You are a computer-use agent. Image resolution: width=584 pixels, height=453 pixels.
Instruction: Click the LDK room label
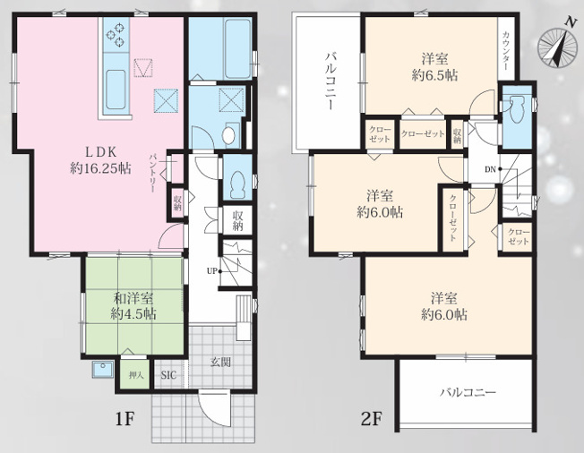point(101,152)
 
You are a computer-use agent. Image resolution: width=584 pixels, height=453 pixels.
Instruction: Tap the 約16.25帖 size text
point(101,169)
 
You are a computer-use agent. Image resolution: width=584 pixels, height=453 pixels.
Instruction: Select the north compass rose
point(556,46)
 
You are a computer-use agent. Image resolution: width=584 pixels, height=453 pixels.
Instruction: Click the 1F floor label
point(125,420)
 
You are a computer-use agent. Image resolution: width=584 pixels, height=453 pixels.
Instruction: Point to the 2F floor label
point(372,420)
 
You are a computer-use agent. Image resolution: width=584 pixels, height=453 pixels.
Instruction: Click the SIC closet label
point(168,375)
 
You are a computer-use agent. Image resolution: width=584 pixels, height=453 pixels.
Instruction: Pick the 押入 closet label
point(136,375)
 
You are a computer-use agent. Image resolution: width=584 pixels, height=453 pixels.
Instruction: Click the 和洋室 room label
point(133,298)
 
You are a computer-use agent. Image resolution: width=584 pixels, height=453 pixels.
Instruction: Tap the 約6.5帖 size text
point(434,75)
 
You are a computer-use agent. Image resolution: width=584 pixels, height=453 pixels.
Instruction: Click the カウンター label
point(505,51)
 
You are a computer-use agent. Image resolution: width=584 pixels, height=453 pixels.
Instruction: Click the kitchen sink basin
point(116,90)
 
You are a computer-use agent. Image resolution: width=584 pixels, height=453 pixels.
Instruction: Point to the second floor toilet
point(517,109)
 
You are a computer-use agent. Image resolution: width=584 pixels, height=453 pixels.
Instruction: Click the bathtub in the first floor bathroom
point(237,48)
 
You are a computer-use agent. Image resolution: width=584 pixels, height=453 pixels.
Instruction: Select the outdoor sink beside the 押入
point(103,369)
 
